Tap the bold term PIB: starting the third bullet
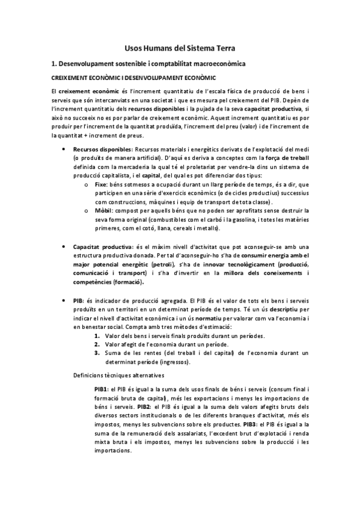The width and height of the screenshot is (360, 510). tap(78, 300)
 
